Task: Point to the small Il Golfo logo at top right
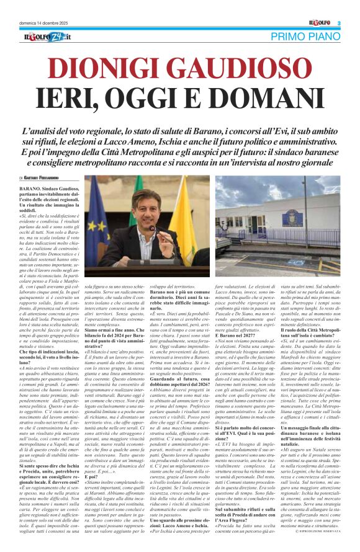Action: pos(322,23)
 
